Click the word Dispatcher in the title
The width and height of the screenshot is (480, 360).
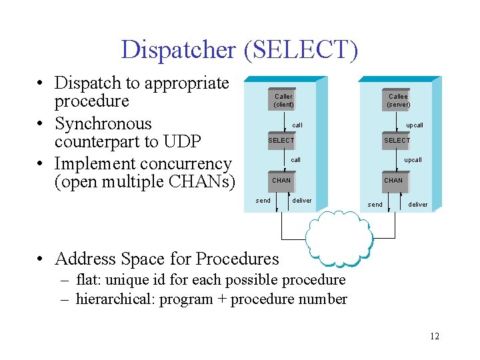[x=178, y=49]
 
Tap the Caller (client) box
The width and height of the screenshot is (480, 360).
[x=283, y=100]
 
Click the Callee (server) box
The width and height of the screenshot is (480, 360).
[x=398, y=100]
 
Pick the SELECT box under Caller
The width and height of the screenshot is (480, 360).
[x=281, y=141]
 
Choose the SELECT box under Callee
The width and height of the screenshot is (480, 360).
[x=397, y=141]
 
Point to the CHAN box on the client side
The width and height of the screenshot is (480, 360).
[x=281, y=180]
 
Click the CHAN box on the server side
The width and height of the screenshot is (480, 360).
[x=393, y=180]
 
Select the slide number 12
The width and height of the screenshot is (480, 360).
[x=435, y=336]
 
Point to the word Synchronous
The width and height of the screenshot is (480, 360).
[x=103, y=124]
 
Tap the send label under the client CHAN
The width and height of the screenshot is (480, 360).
[x=263, y=200]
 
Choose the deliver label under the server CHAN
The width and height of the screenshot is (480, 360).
[x=418, y=205]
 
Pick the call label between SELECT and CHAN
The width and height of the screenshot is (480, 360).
[x=296, y=160]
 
